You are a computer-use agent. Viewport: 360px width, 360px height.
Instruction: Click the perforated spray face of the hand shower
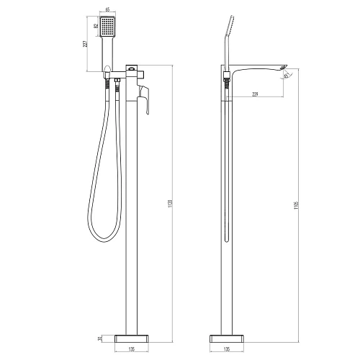coord(107,29)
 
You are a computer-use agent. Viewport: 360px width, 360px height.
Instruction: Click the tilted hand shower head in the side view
coord(231,27)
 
